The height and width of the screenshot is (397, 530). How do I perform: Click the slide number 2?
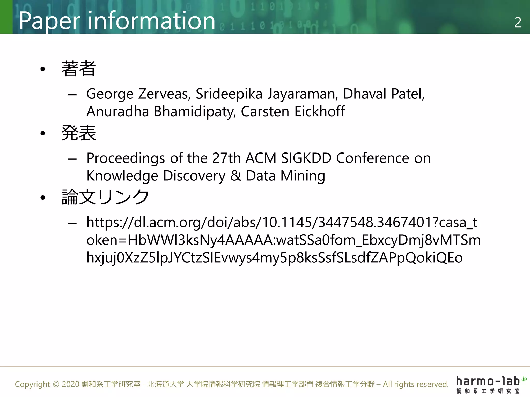pos(518,22)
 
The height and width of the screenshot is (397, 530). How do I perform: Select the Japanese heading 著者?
pos(79,69)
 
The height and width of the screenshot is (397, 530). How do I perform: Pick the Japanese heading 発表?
pos(79,133)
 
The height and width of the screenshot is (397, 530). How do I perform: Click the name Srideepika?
pos(229,94)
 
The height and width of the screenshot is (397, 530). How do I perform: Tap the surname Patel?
pos(408,94)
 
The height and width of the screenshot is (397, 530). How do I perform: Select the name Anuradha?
pos(118,112)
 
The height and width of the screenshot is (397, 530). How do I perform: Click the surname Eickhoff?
pos(320,112)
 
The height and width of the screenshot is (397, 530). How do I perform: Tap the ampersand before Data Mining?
pos(236,176)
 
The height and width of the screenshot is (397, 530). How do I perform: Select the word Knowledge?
pos(122,176)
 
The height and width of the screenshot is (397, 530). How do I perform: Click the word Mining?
pos(303,176)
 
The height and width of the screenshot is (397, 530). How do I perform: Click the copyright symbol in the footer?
pos(56,384)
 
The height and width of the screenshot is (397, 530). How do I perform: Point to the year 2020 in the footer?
pos(70,384)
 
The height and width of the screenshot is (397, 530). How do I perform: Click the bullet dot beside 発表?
pos(43,133)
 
